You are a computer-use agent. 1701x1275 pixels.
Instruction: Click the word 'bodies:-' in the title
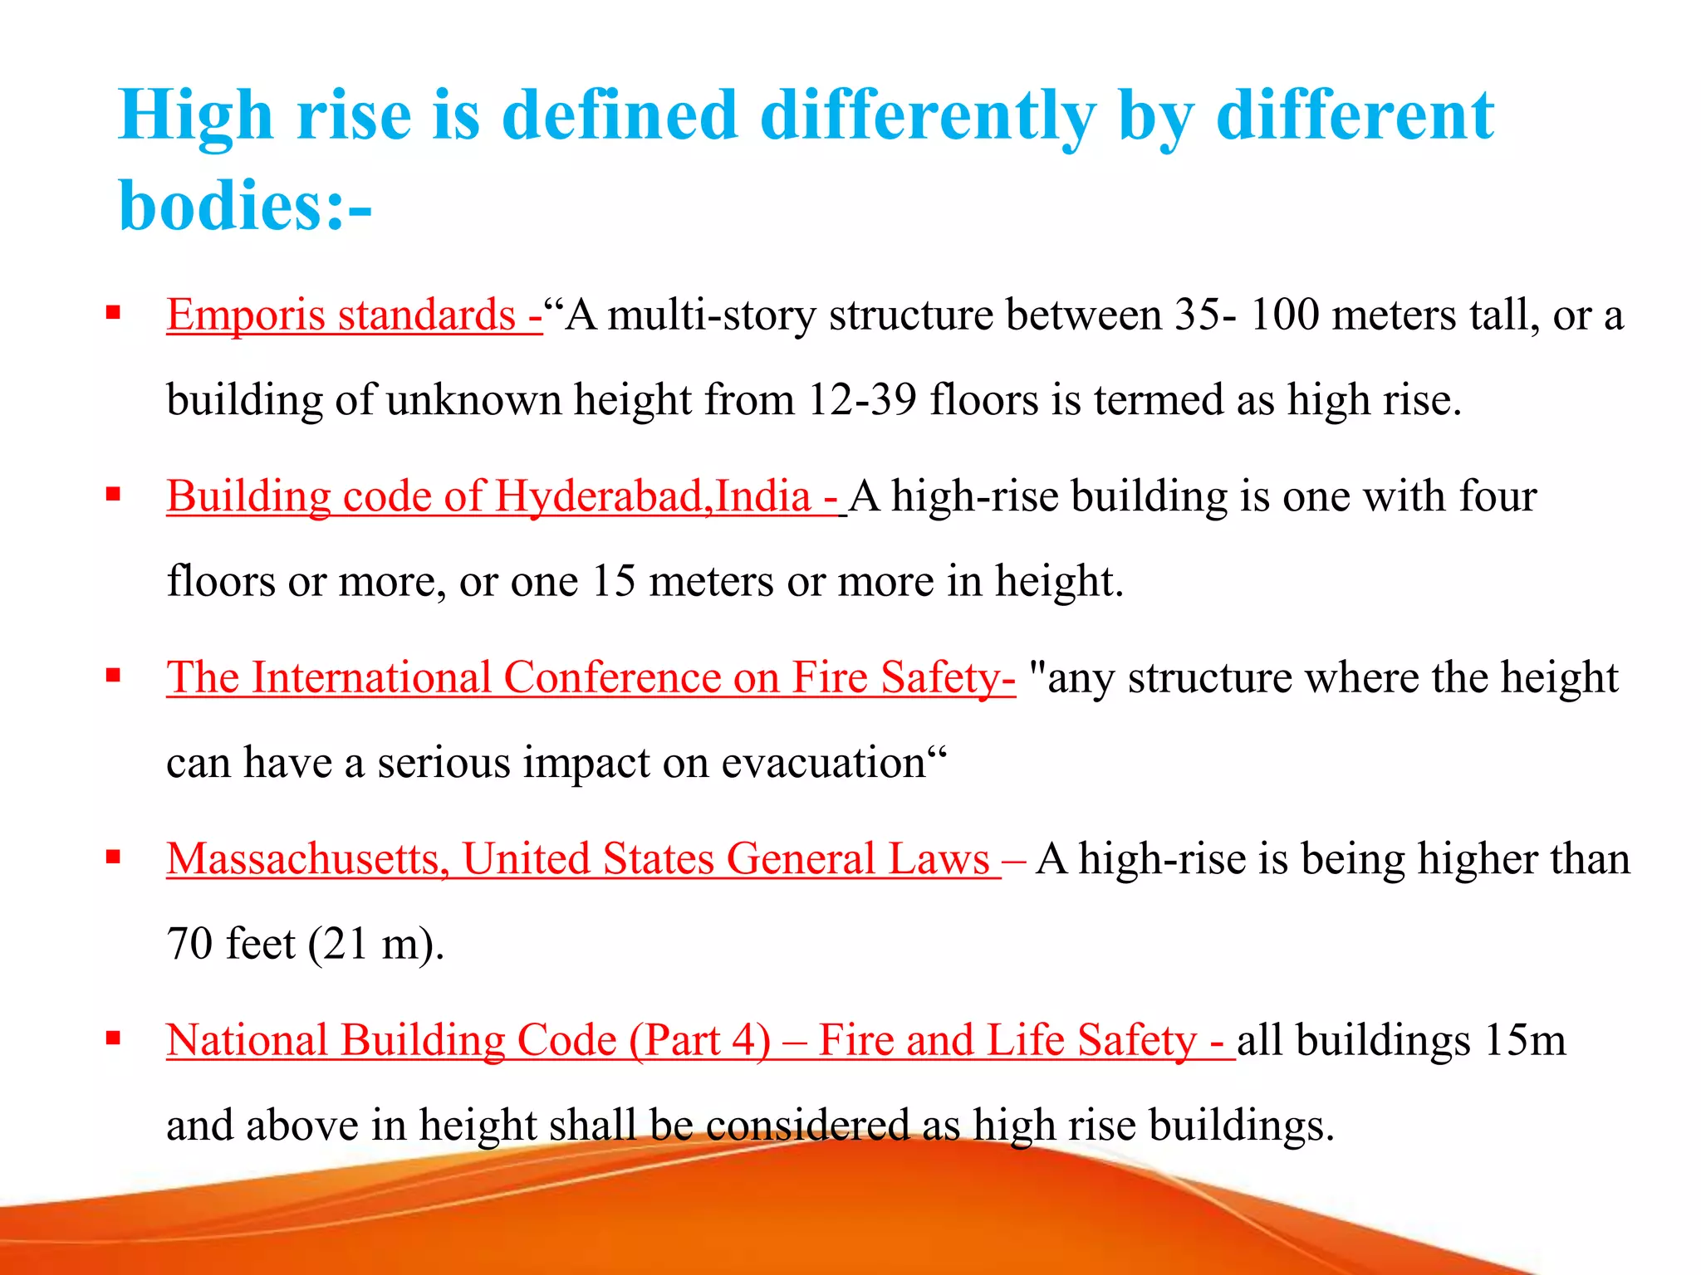[245, 206]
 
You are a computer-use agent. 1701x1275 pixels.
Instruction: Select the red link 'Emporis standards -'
[354, 315]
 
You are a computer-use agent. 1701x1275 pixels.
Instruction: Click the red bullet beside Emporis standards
[114, 313]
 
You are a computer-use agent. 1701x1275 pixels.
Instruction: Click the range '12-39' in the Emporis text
[861, 400]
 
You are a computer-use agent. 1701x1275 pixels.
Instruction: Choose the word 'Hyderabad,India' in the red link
[653, 496]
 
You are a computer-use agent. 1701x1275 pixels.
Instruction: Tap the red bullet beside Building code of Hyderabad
[114, 495]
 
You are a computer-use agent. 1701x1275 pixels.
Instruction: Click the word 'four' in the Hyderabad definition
[1498, 496]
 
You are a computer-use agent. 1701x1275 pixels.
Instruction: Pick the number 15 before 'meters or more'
[613, 581]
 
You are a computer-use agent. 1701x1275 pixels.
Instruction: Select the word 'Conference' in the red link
[612, 677]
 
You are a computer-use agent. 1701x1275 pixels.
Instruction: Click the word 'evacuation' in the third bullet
[822, 763]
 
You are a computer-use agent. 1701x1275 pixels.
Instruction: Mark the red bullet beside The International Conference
[114, 676]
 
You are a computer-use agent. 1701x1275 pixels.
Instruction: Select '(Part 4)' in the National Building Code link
[699, 1041]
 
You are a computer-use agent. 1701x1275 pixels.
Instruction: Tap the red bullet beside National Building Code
[114, 1038]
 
